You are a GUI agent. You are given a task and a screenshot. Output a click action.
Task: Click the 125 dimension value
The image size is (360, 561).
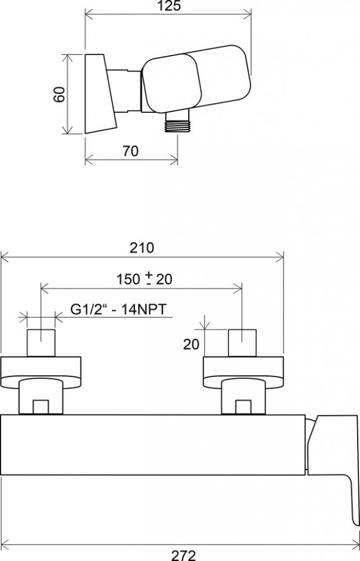pyautogui.click(x=169, y=6)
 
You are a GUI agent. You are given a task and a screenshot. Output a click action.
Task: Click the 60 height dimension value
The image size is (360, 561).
pyautogui.click(x=60, y=94)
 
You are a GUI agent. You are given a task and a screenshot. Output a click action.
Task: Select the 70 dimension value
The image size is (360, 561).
pyautogui.click(x=130, y=151)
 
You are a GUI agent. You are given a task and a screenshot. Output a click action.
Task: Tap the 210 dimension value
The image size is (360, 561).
pyautogui.click(x=142, y=248)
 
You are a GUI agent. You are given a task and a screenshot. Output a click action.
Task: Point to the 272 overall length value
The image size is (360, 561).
pyautogui.click(x=183, y=555)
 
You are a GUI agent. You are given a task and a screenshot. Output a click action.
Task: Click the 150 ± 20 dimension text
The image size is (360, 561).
pyautogui.click(x=144, y=279)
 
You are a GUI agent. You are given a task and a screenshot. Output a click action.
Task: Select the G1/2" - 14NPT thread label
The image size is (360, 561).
pyautogui.click(x=119, y=309)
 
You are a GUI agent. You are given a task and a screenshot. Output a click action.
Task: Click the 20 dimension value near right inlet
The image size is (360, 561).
pyautogui.click(x=191, y=344)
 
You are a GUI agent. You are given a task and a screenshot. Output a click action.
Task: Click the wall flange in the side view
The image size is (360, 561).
pyautogui.click(x=100, y=94)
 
